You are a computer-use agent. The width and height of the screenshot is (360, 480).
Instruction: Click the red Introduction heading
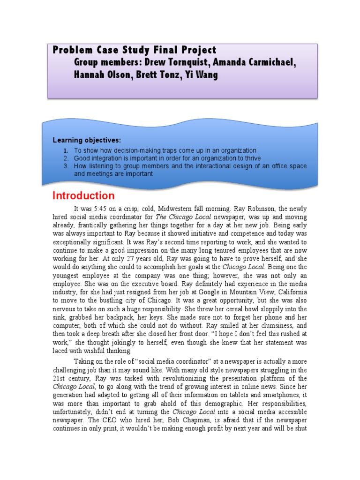point(83,195)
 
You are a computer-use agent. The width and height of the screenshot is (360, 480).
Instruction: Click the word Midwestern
point(179,209)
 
